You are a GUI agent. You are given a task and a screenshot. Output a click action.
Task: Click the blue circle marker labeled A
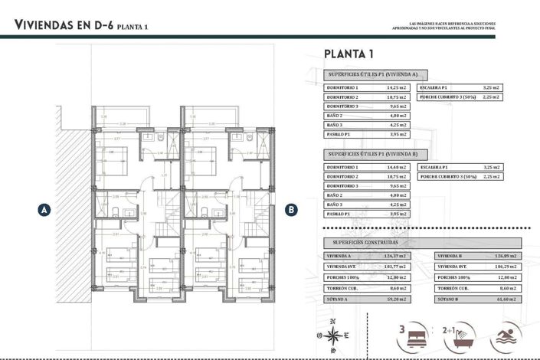(44, 208)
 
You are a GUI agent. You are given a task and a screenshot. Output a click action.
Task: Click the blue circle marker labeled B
(291, 208)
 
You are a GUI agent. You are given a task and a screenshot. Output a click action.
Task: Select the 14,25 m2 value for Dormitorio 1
(396, 88)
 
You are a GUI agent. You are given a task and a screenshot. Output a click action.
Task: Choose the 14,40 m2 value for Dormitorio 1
(396, 167)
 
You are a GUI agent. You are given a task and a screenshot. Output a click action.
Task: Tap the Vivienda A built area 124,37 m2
(396, 257)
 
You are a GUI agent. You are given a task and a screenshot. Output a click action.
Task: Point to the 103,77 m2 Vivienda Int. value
(396, 267)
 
